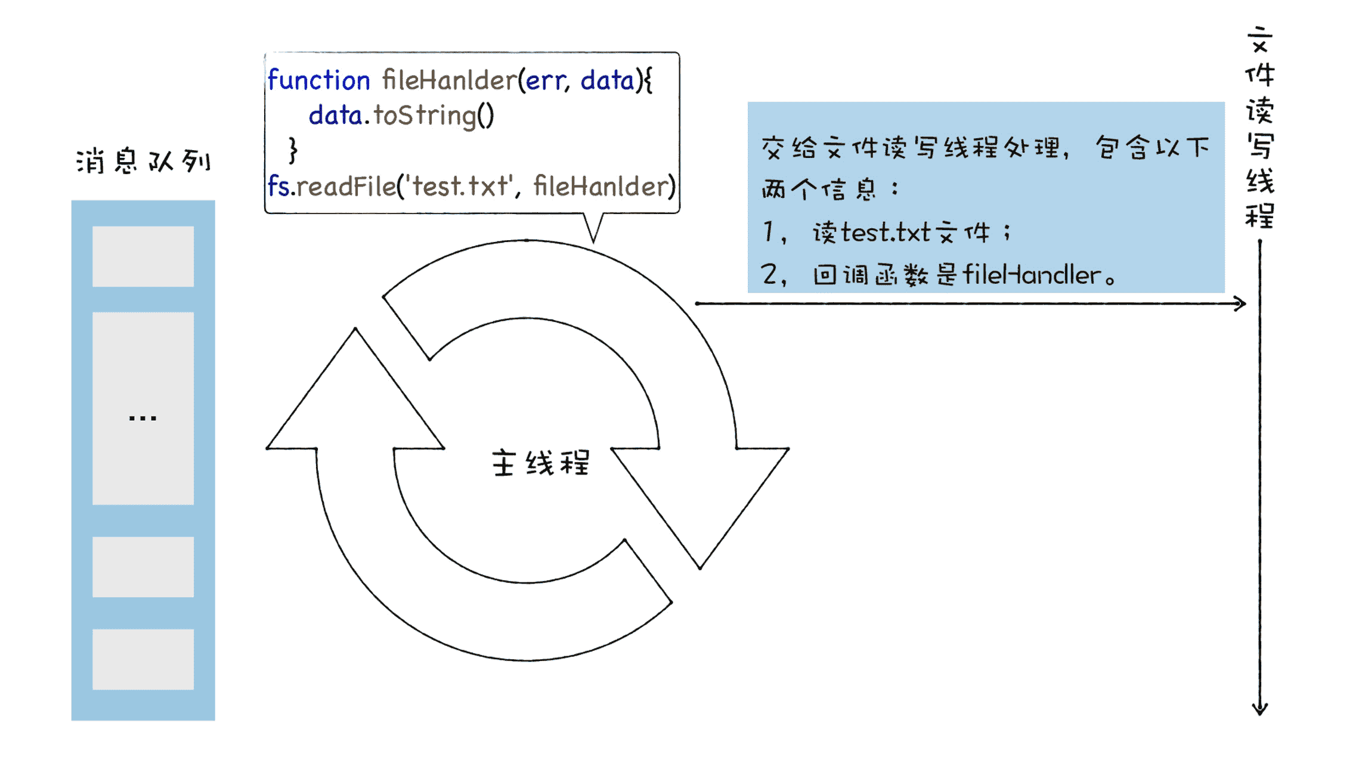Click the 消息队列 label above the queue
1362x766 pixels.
tap(143, 161)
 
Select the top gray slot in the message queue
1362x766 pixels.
tap(143, 256)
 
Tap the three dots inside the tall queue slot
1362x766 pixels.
tap(143, 418)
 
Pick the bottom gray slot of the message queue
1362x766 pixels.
tap(143, 659)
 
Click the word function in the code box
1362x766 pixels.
tap(318, 80)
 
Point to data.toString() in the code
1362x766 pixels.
tap(401, 116)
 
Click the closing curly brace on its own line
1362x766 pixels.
tap(293, 150)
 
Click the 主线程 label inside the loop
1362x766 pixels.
tap(540, 463)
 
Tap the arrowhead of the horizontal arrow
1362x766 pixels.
tap(1240, 304)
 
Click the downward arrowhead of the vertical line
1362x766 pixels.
tap(1259, 708)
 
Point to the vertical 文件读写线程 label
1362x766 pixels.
tap(1259, 128)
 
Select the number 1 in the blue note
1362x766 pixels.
tap(769, 231)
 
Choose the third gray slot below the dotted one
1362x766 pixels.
tap(143, 566)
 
